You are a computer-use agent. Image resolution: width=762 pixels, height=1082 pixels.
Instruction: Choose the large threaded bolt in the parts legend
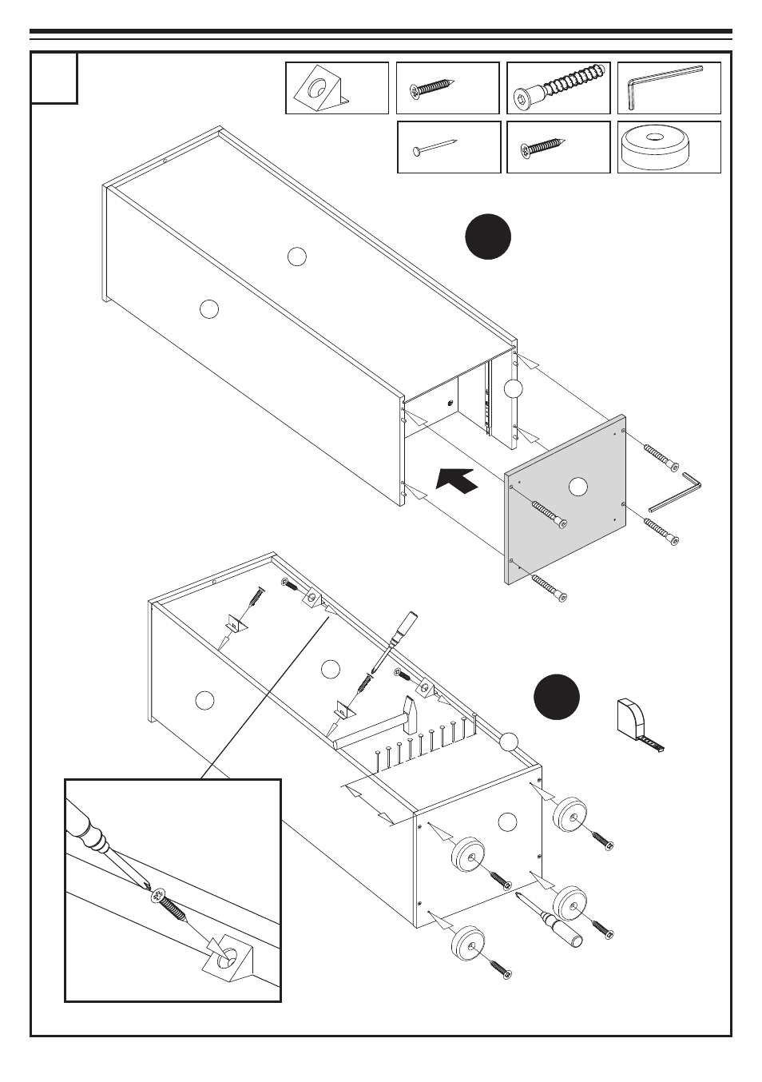[x=559, y=87]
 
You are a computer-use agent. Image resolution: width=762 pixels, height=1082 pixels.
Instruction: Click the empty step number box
[x=54, y=78]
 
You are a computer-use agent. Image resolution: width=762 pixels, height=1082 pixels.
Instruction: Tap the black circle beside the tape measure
[x=557, y=697]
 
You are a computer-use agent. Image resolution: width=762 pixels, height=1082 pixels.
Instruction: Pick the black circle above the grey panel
[x=488, y=237]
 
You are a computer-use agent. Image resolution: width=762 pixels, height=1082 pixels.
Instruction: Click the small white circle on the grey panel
[x=577, y=485]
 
